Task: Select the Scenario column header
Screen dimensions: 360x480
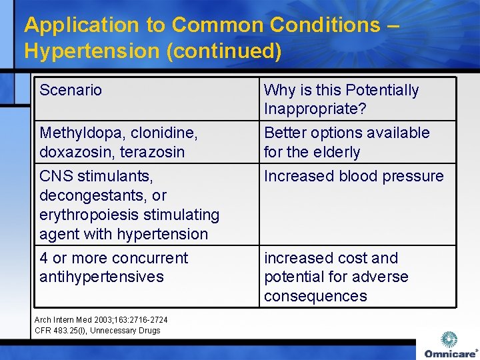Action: (x=71, y=90)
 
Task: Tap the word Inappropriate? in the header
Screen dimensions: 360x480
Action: (x=315, y=109)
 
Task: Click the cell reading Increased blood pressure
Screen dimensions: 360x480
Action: (x=353, y=176)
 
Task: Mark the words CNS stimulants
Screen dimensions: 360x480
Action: (x=96, y=176)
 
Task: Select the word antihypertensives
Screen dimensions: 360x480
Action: (x=101, y=277)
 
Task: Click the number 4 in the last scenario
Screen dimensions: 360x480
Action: (x=43, y=258)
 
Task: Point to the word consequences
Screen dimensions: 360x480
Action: (x=315, y=296)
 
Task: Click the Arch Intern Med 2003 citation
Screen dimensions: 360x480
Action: (x=101, y=320)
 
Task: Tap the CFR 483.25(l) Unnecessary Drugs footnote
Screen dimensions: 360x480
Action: (x=97, y=330)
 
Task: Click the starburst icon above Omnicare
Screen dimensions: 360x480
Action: (x=450, y=339)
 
